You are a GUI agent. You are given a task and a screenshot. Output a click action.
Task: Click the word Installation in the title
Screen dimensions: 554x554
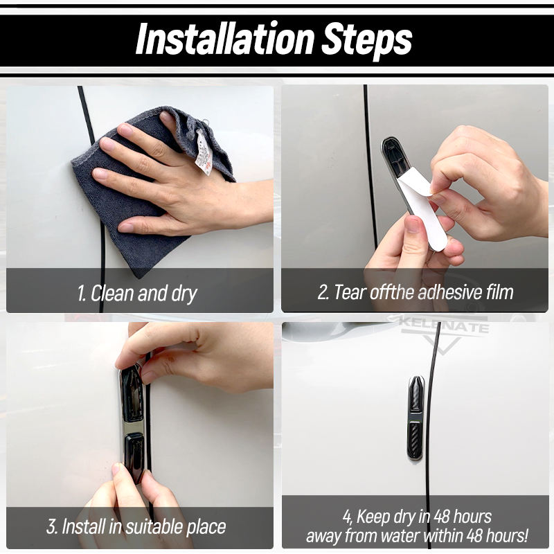224,38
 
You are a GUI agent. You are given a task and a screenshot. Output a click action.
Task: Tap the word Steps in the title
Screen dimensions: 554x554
366,41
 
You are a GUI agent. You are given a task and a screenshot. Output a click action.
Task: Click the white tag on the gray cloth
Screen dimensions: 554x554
204,152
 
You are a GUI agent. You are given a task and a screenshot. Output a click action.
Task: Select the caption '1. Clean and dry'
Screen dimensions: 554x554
137,294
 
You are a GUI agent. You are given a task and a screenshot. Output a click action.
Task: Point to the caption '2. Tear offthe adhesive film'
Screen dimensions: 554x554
415,292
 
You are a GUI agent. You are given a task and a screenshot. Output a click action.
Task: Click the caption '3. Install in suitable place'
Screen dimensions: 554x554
136,527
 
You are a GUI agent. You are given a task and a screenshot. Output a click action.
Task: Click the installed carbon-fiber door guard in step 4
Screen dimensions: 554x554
416,418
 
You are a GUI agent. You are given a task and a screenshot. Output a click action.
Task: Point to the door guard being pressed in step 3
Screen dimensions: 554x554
132,423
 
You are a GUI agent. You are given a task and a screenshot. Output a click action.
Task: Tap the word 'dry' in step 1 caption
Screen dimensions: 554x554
184,294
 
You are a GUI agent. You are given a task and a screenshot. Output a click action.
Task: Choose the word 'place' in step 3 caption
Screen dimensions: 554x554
206,528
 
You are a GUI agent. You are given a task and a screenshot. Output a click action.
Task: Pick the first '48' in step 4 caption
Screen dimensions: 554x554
442,517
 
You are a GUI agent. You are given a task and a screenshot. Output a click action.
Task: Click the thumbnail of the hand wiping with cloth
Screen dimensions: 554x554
140,199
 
